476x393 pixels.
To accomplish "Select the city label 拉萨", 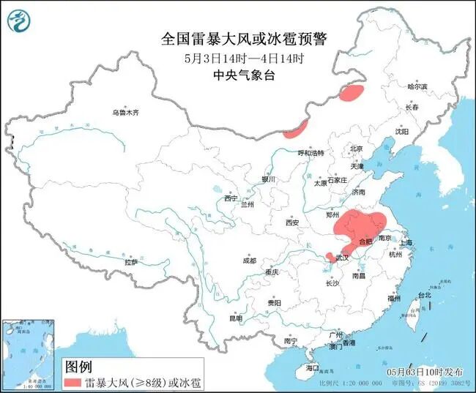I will click(x=131, y=262).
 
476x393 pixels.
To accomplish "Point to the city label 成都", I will click(x=250, y=261).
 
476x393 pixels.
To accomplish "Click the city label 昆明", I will click(x=235, y=318).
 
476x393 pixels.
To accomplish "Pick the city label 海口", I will click(x=313, y=367).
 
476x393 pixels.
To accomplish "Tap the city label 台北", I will click(x=424, y=295).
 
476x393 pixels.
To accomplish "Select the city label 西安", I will click(x=293, y=222).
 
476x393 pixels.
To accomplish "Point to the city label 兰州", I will click(x=247, y=205).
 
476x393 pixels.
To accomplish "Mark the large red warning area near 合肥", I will click(x=360, y=225).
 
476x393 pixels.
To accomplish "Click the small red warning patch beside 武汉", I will click(x=330, y=256).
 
